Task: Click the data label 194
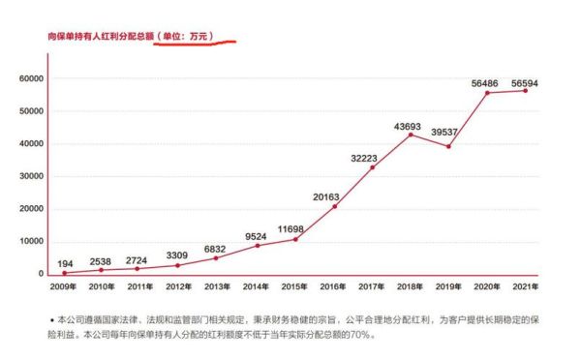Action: [x=65, y=263]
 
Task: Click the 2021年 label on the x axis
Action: [x=524, y=287]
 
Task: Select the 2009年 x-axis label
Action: [x=65, y=287]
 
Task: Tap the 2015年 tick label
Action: [x=294, y=287]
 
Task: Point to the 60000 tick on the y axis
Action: [x=31, y=78]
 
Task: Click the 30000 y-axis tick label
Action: [x=31, y=176]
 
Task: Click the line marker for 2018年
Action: [x=411, y=135]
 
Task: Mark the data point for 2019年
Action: [x=447, y=146]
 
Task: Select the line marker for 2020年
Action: [x=486, y=93]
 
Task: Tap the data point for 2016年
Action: [x=334, y=207]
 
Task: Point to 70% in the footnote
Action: [x=361, y=335]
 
